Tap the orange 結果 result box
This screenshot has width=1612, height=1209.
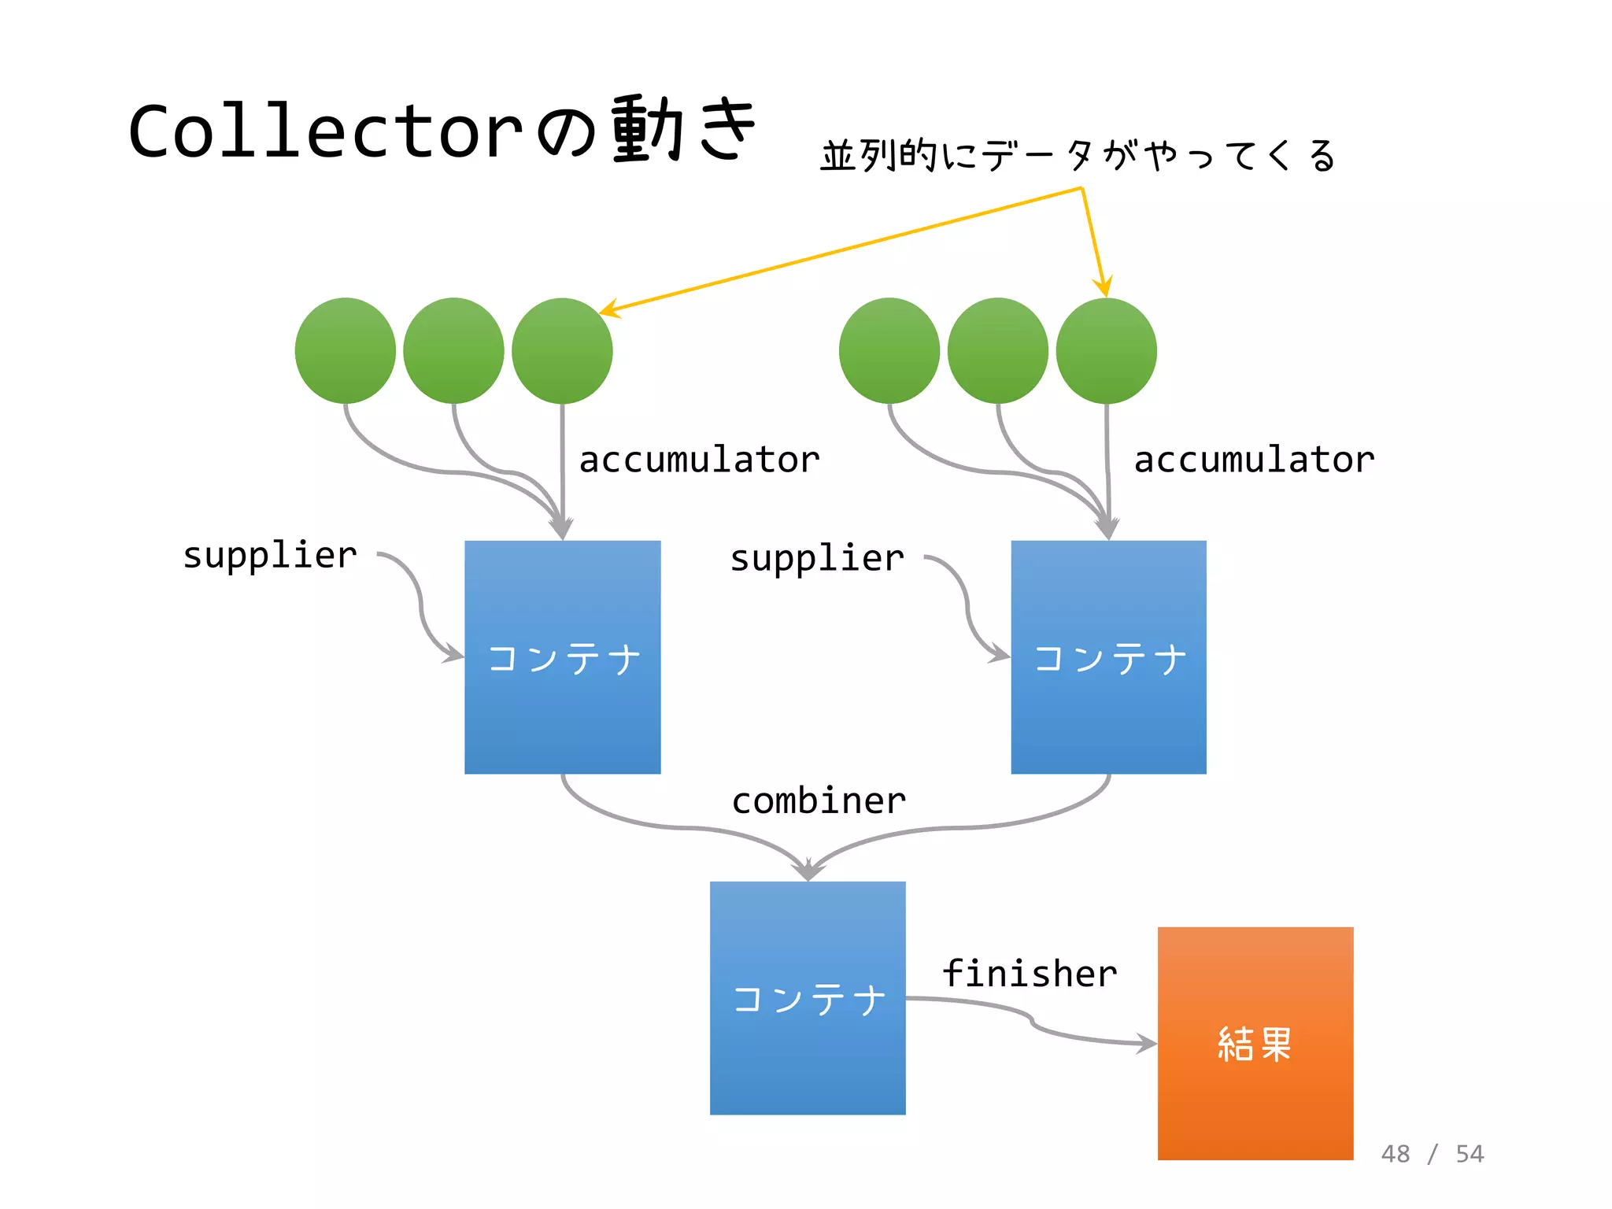(1255, 1043)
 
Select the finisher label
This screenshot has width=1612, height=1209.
(1030, 974)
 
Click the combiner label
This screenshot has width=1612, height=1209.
(819, 801)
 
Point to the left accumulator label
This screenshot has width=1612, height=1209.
(699, 460)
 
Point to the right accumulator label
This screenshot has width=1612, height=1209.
(1254, 460)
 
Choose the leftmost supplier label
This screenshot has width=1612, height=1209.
(270, 556)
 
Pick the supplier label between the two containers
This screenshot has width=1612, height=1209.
(817, 559)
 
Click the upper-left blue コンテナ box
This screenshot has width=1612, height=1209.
(562, 657)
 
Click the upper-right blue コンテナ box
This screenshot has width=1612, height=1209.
(1108, 657)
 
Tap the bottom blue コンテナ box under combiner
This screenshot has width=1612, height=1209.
(808, 998)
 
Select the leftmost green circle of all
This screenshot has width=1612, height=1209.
(345, 351)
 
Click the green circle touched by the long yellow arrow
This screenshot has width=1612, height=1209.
(562, 351)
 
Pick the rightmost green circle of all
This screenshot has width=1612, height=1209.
(1106, 351)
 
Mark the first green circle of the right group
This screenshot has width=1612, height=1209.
(889, 351)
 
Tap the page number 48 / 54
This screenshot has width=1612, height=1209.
(1432, 1154)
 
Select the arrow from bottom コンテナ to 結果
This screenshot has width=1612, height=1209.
(1032, 1022)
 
